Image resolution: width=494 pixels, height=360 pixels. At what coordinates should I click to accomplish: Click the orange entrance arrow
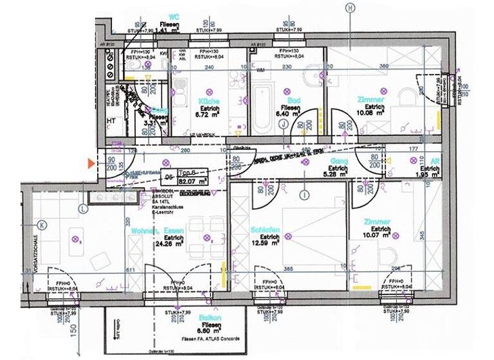(x=91, y=165)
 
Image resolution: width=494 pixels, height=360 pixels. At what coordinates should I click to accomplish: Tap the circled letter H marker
(x=350, y=8)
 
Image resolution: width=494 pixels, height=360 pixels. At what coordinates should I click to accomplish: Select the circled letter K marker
(x=42, y=225)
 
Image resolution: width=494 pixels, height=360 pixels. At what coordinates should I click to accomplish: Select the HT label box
(x=110, y=121)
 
